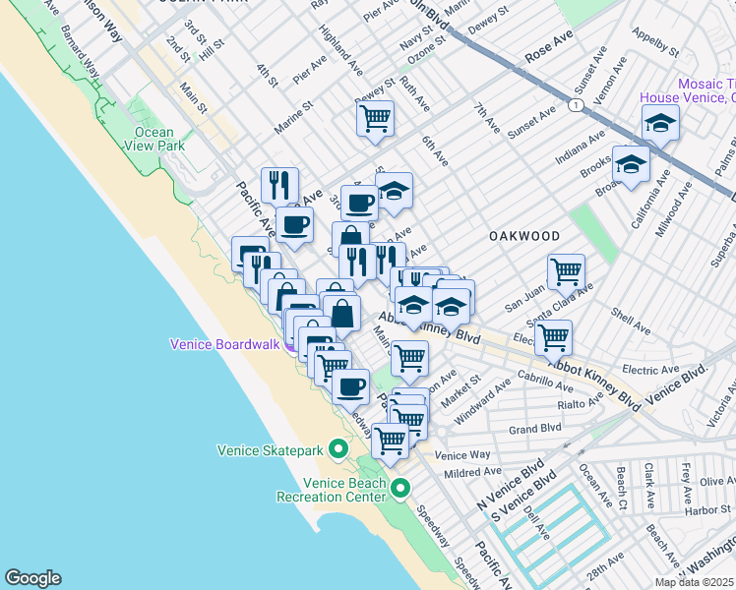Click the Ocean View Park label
click(x=153, y=139)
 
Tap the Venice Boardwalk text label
click(x=226, y=344)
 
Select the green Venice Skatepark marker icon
click(x=338, y=450)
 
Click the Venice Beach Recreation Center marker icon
click(x=399, y=488)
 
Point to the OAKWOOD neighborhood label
click(x=525, y=236)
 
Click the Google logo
click(x=32, y=578)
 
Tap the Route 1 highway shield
click(x=574, y=102)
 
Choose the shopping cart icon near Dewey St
click(x=375, y=119)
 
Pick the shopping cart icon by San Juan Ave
click(x=566, y=272)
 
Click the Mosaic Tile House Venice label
click(x=686, y=91)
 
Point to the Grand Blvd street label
click(x=534, y=429)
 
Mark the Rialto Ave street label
click(x=578, y=403)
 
